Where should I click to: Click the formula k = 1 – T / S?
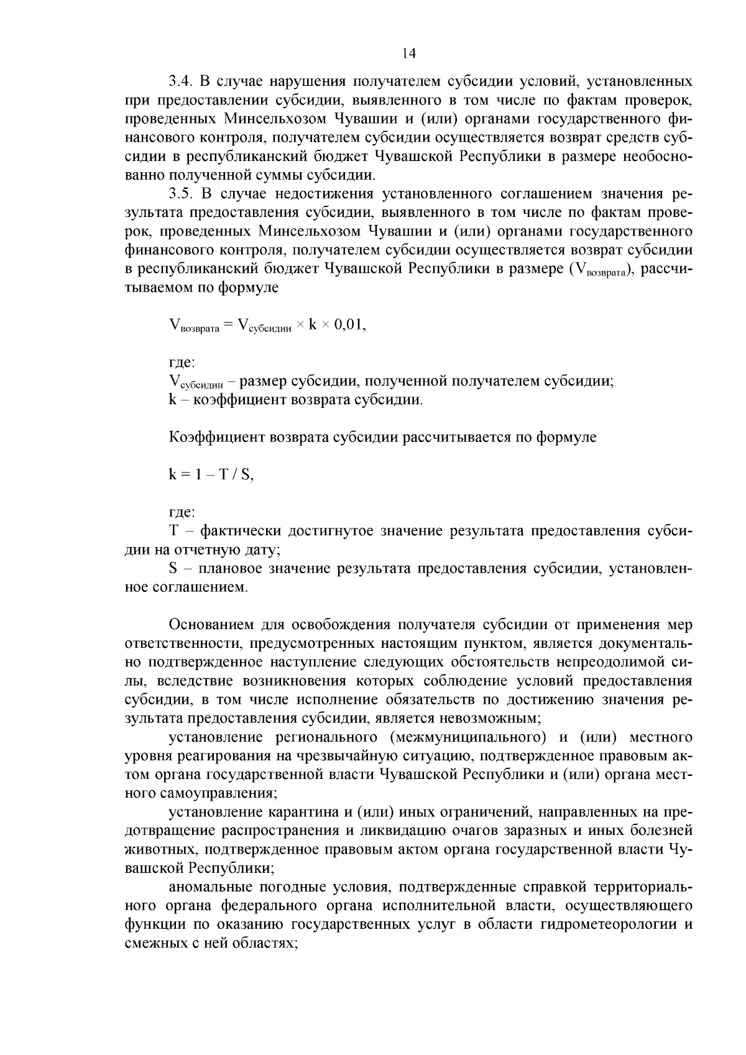point(211,474)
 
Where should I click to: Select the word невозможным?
point(490,718)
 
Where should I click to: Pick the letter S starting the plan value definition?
point(173,568)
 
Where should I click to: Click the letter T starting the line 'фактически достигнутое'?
point(173,531)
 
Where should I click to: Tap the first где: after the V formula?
point(182,362)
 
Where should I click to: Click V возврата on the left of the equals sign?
point(194,325)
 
